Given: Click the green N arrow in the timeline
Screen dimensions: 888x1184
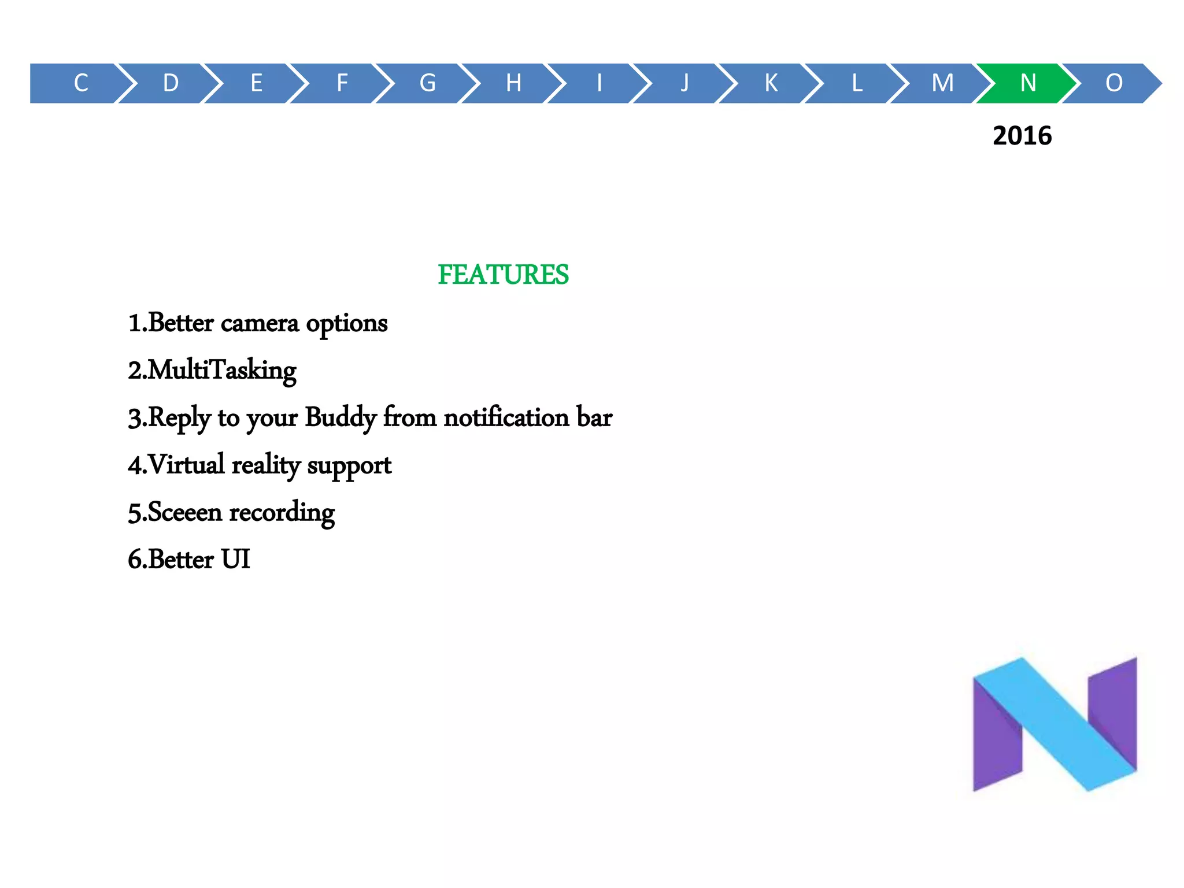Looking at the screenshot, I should [x=1027, y=83].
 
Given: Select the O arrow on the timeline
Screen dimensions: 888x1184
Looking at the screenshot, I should [x=1113, y=83].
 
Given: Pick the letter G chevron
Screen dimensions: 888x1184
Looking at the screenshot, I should [x=427, y=83].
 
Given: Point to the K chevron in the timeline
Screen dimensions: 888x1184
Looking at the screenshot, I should [x=771, y=83].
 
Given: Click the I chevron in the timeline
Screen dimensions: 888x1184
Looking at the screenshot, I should [x=599, y=83].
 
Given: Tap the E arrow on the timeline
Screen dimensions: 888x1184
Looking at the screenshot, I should [x=256, y=83].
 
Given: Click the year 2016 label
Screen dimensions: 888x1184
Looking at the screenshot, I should [x=1022, y=136].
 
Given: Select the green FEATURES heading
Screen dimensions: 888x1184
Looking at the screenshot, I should [x=503, y=275].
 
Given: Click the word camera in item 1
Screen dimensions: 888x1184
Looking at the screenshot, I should [x=260, y=323].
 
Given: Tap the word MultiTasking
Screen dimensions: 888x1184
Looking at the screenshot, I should [x=222, y=371].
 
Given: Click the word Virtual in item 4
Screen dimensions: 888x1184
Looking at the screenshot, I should [x=186, y=465].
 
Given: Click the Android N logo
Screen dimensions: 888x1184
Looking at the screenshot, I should [x=1054, y=724].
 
